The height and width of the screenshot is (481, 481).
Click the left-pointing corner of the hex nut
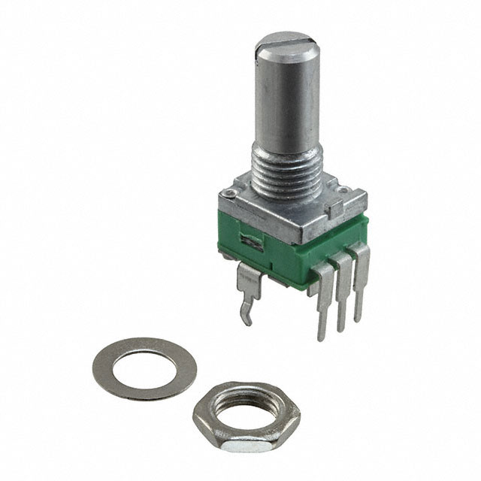(x=194, y=412)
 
